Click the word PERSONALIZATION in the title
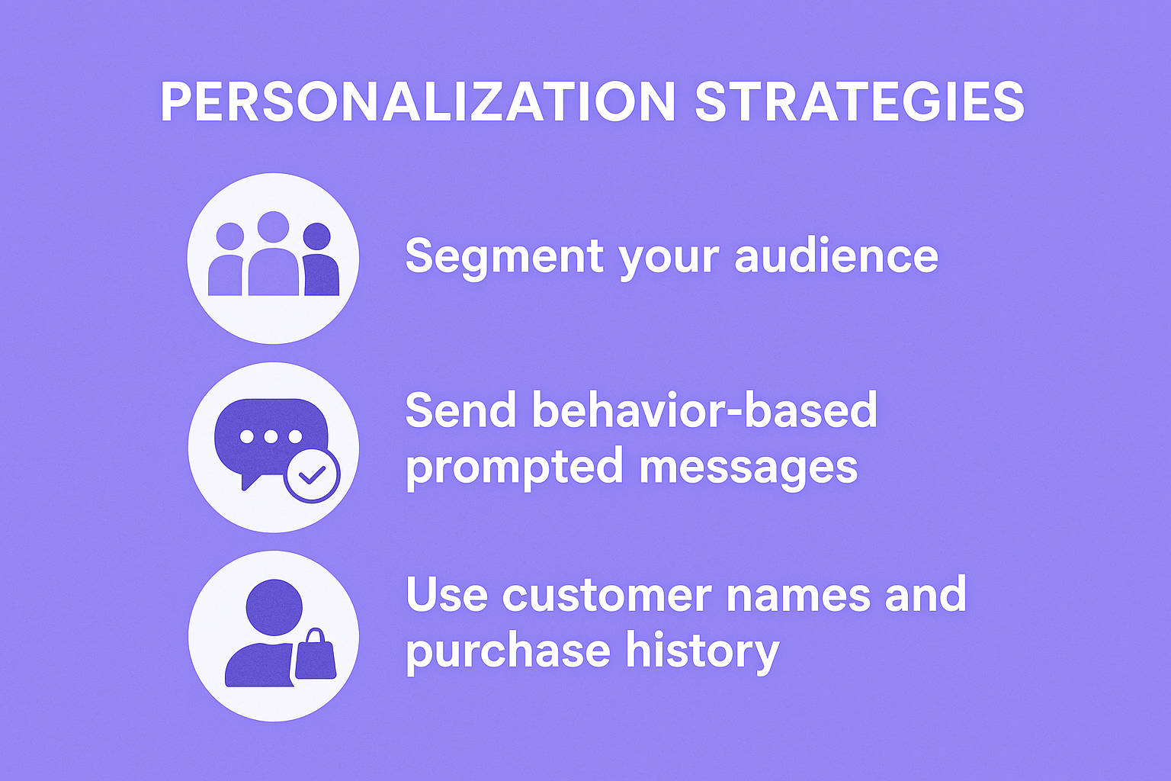click(x=418, y=102)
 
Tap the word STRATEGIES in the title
click(x=859, y=102)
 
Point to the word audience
click(x=836, y=256)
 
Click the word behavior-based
click(x=704, y=410)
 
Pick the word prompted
click(x=514, y=467)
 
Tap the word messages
click(x=748, y=466)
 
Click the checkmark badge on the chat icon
click(x=312, y=475)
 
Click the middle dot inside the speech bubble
click(x=271, y=436)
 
